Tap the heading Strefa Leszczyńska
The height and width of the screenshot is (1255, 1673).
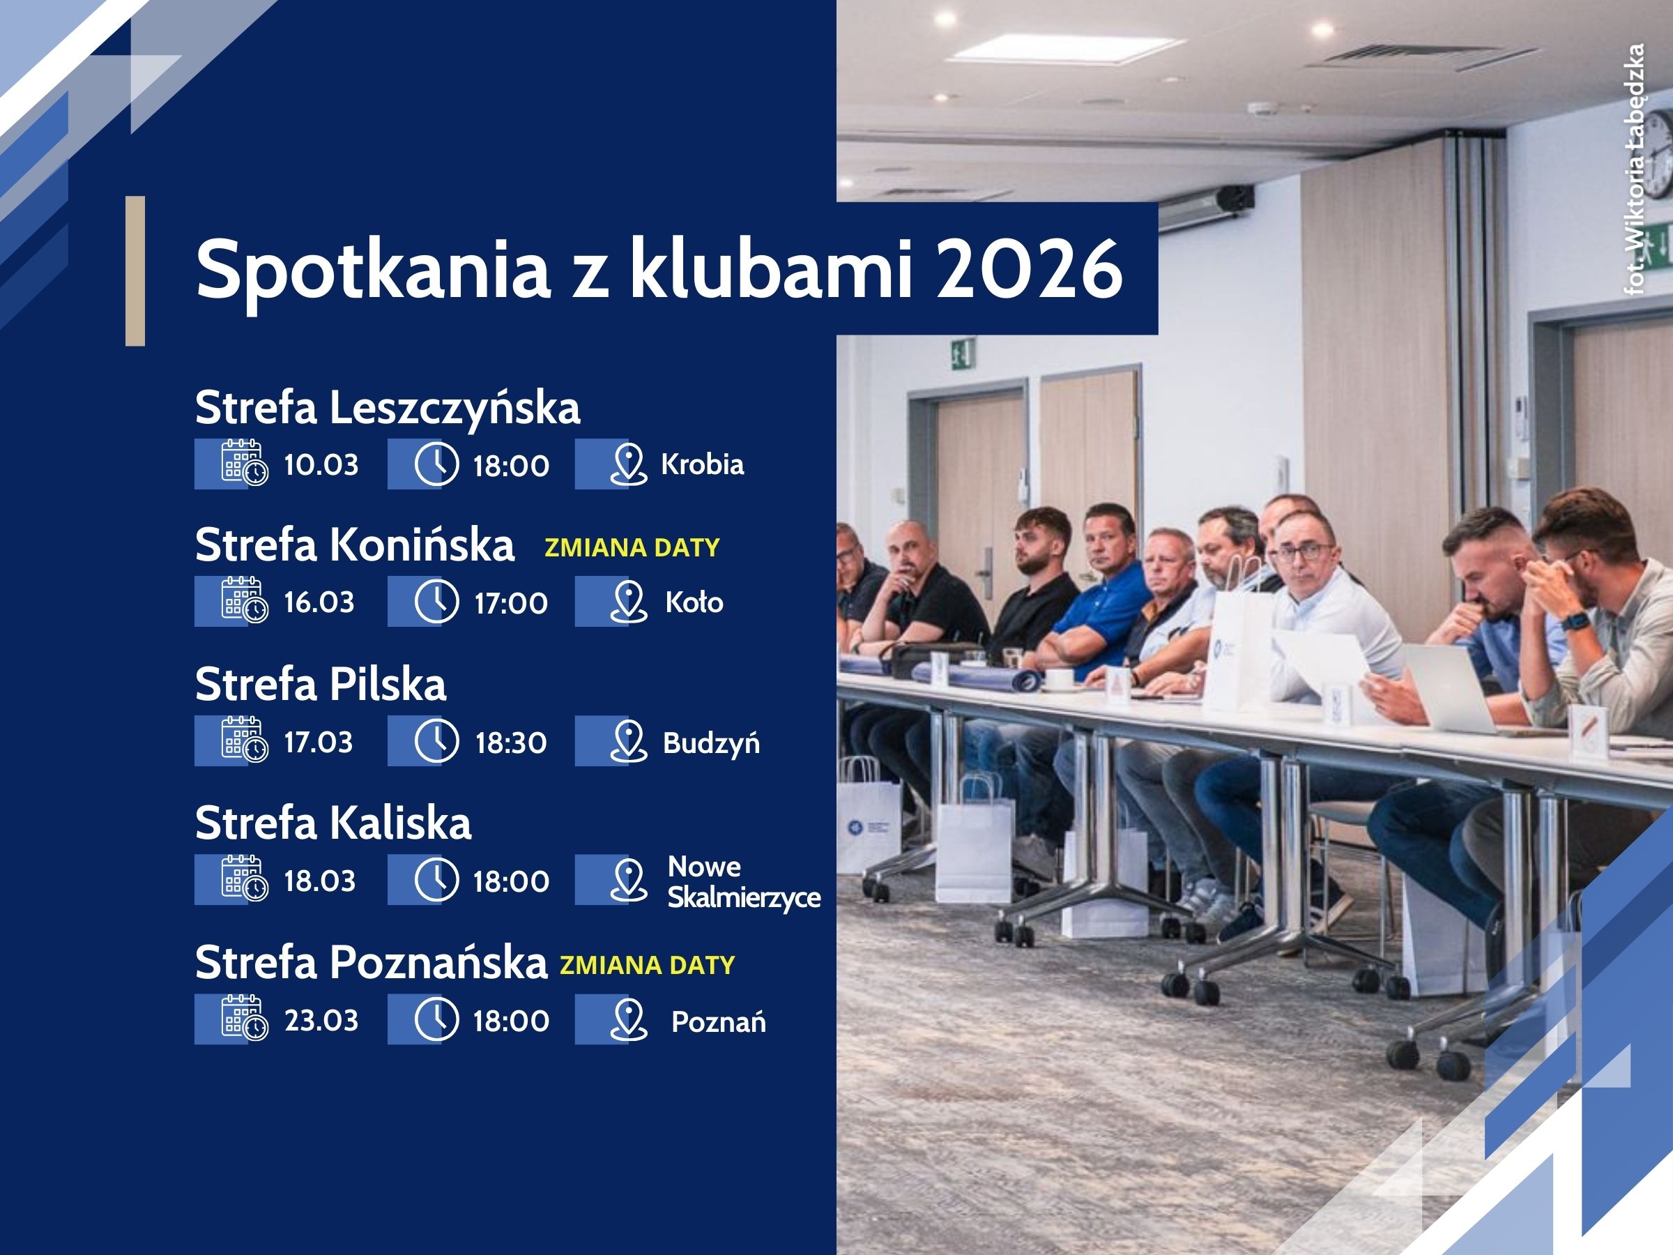point(388,408)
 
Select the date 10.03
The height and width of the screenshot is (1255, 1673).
point(321,464)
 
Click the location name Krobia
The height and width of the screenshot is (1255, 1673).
point(702,464)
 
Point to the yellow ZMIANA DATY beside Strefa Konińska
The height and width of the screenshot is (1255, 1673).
point(632,547)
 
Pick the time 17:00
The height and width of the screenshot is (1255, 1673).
point(510,603)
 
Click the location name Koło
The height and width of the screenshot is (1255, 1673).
point(694,602)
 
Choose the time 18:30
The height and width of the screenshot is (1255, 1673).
point(510,743)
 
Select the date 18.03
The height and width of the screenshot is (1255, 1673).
point(319,881)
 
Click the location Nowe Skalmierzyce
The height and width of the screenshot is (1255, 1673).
point(744,882)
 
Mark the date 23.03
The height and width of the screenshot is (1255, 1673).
point(321,1021)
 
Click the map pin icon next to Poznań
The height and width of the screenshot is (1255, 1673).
point(629,1020)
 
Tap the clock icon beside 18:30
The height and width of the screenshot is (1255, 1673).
point(436,740)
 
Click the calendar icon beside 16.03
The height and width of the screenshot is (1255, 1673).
point(244,600)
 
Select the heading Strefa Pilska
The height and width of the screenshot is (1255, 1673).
point(321,685)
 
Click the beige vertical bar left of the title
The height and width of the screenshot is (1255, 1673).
point(135,271)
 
